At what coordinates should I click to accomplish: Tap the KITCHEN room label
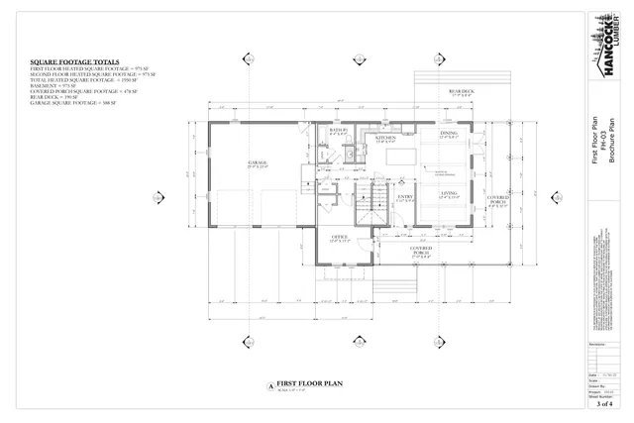[386, 139]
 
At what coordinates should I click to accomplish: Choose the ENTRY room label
[405, 197]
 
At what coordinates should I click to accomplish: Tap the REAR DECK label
[462, 92]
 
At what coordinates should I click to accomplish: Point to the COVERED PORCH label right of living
[497, 201]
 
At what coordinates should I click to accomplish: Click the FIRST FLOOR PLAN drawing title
[308, 382]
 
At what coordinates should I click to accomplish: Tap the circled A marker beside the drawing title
[267, 384]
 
